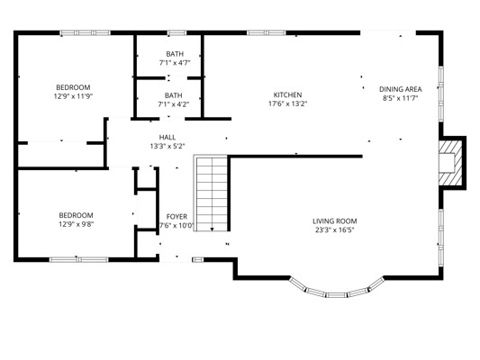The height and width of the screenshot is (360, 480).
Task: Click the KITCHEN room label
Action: tap(287, 94)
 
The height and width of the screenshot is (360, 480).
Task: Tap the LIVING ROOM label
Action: tap(335, 221)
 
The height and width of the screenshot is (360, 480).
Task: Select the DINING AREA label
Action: tap(401, 89)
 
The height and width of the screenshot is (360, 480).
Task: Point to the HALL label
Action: tap(168, 138)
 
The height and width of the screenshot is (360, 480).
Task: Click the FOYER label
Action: tap(177, 217)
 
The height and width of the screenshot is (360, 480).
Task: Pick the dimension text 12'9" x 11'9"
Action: tap(73, 96)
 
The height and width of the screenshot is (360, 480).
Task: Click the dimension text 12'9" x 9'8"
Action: tap(77, 224)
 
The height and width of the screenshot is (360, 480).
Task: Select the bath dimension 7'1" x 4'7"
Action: tap(175, 63)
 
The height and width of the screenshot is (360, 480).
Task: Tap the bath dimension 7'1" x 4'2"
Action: tap(173, 104)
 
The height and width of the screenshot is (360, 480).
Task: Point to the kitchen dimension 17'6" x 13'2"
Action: tap(287, 103)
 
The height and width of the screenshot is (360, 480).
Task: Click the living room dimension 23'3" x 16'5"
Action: tap(335, 230)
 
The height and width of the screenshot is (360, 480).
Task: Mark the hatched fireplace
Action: tap(450, 163)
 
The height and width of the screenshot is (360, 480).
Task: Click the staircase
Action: tap(211, 193)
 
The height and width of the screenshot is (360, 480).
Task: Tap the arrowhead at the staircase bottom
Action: tap(213, 229)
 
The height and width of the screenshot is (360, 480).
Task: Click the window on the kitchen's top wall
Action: tap(267, 32)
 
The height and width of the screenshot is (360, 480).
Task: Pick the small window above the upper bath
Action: tap(177, 32)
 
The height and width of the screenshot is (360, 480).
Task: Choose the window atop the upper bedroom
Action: tap(85, 32)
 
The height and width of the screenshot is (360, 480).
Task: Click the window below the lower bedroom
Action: tap(79, 260)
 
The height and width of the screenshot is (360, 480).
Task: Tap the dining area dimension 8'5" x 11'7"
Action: tap(401, 98)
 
